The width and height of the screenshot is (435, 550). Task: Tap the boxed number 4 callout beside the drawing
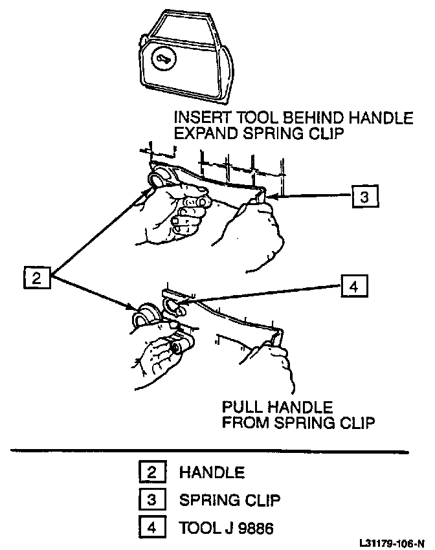(x=353, y=285)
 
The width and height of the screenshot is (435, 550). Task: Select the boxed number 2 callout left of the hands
(x=36, y=278)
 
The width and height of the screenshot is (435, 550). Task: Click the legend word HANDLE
(x=212, y=473)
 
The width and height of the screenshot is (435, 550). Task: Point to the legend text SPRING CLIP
(x=230, y=501)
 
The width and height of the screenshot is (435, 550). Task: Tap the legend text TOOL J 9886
(x=227, y=528)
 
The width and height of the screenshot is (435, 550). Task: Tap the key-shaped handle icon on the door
(x=162, y=60)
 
